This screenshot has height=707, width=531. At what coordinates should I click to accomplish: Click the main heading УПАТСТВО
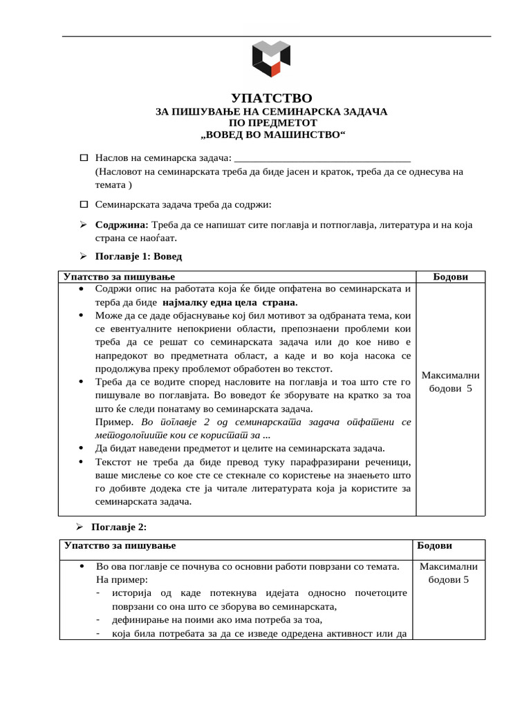tap(270, 99)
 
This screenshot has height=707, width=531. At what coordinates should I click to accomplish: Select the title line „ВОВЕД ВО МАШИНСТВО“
tap(270, 133)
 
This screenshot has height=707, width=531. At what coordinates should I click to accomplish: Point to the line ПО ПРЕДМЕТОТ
tap(270, 122)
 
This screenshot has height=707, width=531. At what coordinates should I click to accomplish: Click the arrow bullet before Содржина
tap(83, 225)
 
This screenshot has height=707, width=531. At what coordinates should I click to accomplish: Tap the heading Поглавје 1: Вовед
tap(138, 256)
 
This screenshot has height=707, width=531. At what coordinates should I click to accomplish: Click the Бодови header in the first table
tap(450, 277)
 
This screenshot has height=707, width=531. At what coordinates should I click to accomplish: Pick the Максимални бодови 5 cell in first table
tap(450, 382)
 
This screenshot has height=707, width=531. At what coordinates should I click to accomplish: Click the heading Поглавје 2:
tap(119, 527)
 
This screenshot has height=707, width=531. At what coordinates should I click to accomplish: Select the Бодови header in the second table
tap(434, 545)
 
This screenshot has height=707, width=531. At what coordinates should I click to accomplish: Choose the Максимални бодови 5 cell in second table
tap(449, 573)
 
